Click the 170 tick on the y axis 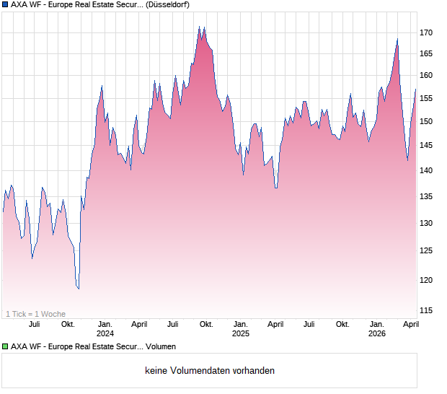pyautogui.click(x=426, y=33)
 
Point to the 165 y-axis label pyautogui.click(x=426, y=54)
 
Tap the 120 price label pyautogui.click(x=426, y=280)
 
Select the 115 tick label pyautogui.click(x=426, y=311)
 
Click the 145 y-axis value pyautogui.click(x=426, y=146)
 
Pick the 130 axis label pyautogui.click(x=426, y=223)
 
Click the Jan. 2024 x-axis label pyautogui.click(x=105, y=329)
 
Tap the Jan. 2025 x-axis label pyautogui.click(x=241, y=329)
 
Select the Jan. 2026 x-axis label pyautogui.click(x=376, y=329)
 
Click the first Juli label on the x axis pyautogui.click(x=34, y=325)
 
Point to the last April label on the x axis pyautogui.click(x=410, y=325)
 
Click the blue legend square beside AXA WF pyautogui.click(x=5, y=5)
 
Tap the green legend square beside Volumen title pyautogui.click(x=5, y=347)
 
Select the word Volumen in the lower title pyautogui.click(x=161, y=347)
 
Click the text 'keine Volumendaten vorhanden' pyautogui.click(x=209, y=371)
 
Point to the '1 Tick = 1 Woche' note pyautogui.click(x=35, y=314)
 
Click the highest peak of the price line pyautogui.click(x=199, y=27)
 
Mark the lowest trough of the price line pyautogui.click(x=79, y=289)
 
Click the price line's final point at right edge pyautogui.click(x=416, y=89)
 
